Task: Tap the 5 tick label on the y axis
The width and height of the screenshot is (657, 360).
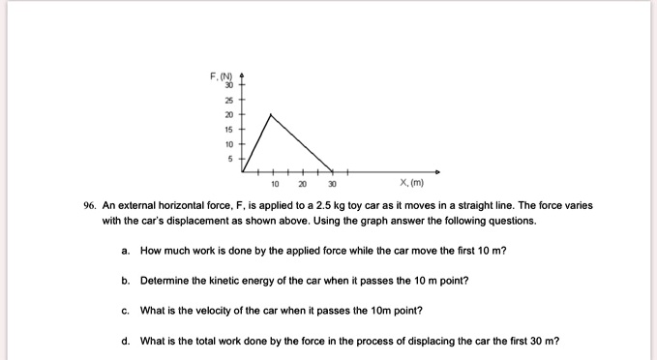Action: click(x=231, y=158)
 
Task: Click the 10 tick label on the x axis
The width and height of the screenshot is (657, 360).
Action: click(x=275, y=183)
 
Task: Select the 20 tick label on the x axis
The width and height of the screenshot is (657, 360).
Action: click(x=303, y=183)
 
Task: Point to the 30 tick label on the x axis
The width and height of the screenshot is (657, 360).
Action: click(x=332, y=183)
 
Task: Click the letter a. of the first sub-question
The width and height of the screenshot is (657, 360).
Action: click(x=127, y=251)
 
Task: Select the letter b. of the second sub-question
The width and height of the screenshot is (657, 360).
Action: click(x=127, y=281)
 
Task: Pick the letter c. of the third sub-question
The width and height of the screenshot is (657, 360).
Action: click(x=127, y=311)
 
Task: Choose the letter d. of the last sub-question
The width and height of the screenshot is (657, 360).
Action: click(x=127, y=341)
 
